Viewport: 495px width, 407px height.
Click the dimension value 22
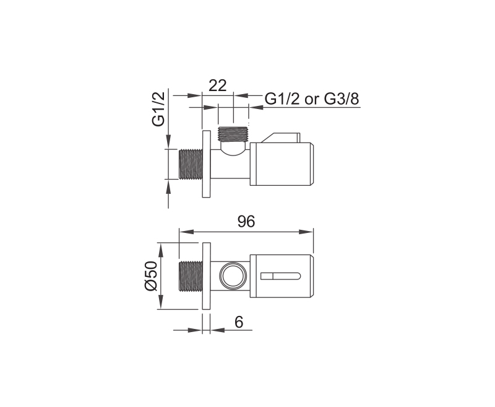(218, 85)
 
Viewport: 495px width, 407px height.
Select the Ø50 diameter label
(151, 276)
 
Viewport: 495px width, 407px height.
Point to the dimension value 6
(239, 322)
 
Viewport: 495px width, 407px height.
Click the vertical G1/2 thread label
(158, 108)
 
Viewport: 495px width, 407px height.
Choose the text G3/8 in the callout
(342, 99)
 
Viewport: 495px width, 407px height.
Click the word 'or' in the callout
(312, 100)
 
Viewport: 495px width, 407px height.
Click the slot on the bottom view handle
(280, 276)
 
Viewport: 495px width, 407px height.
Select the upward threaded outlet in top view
(233, 134)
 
